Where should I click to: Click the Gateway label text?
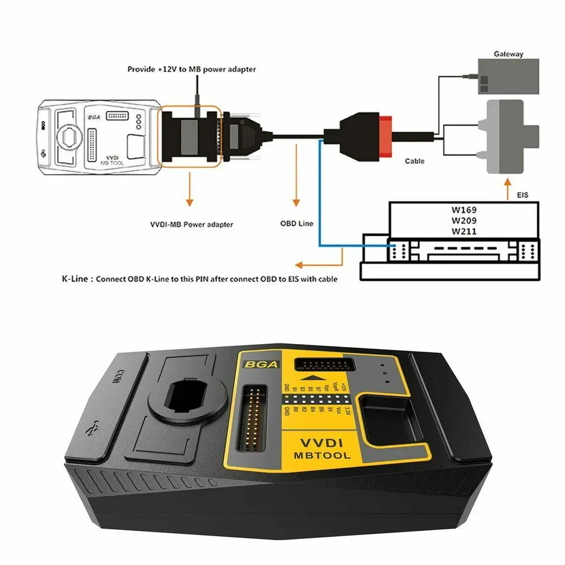click(508, 54)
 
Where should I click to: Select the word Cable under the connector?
click(415, 161)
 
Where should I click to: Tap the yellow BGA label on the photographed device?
click(260, 364)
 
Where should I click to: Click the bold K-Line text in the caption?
click(77, 279)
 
